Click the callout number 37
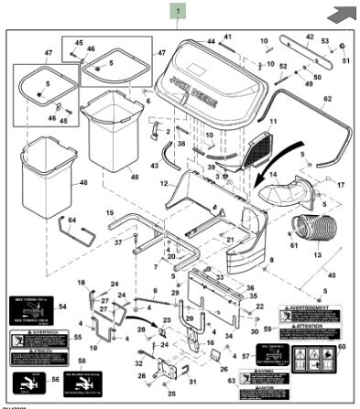pyautogui.click(x=118, y=242)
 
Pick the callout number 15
pyautogui.click(x=110, y=212)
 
